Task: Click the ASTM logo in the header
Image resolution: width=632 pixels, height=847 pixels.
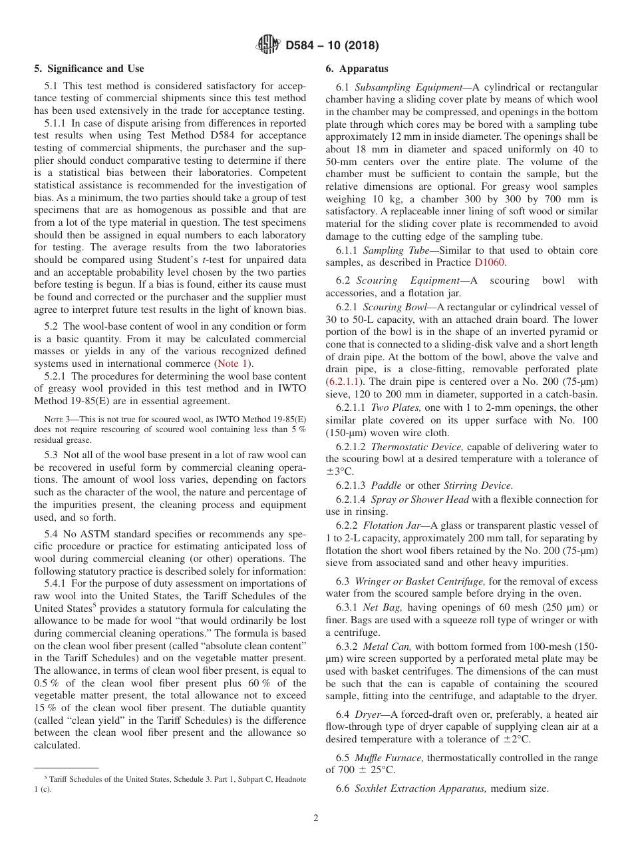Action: tap(267, 45)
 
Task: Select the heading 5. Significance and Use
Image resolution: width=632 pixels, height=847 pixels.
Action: tap(88, 69)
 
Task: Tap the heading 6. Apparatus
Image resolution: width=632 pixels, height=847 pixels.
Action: tap(357, 69)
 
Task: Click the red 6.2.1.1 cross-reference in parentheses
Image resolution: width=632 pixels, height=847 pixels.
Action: tap(345, 381)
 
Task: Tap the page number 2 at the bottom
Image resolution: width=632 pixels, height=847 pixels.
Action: tap(315, 818)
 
